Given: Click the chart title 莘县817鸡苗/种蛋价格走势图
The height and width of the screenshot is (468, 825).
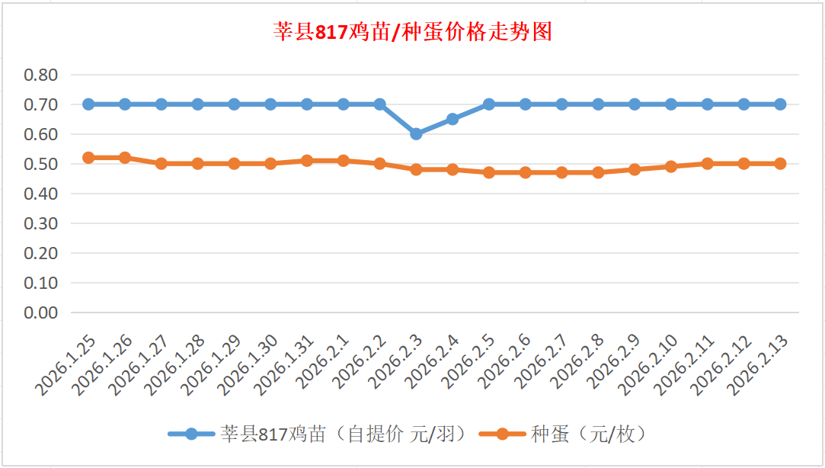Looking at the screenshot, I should click(412, 32).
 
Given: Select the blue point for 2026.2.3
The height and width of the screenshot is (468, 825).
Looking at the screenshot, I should click(416, 133).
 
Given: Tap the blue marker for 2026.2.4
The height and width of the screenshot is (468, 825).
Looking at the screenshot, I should click(452, 119).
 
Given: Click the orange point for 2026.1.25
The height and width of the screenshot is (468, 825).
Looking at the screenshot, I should click(88, 158).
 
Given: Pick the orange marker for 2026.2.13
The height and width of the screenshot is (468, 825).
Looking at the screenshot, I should click(780, 163).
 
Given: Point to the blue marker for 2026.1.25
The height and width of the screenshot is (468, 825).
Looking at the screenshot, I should click(88, 104).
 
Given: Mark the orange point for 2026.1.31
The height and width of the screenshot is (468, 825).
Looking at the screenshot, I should click(307, 161).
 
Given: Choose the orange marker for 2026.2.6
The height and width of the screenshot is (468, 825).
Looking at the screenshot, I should click(526, 172).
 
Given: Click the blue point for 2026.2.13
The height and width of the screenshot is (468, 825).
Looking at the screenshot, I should click(780, 104).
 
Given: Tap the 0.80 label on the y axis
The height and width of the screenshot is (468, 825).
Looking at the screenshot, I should click(41, 75).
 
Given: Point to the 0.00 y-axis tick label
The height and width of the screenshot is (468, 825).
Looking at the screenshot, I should click(41, 313).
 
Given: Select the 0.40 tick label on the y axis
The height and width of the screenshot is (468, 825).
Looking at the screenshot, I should click(41, 194).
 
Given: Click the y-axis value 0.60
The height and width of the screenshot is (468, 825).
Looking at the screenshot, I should click(41, 134).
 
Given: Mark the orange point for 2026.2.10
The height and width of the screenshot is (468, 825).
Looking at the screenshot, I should click(671, 166).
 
